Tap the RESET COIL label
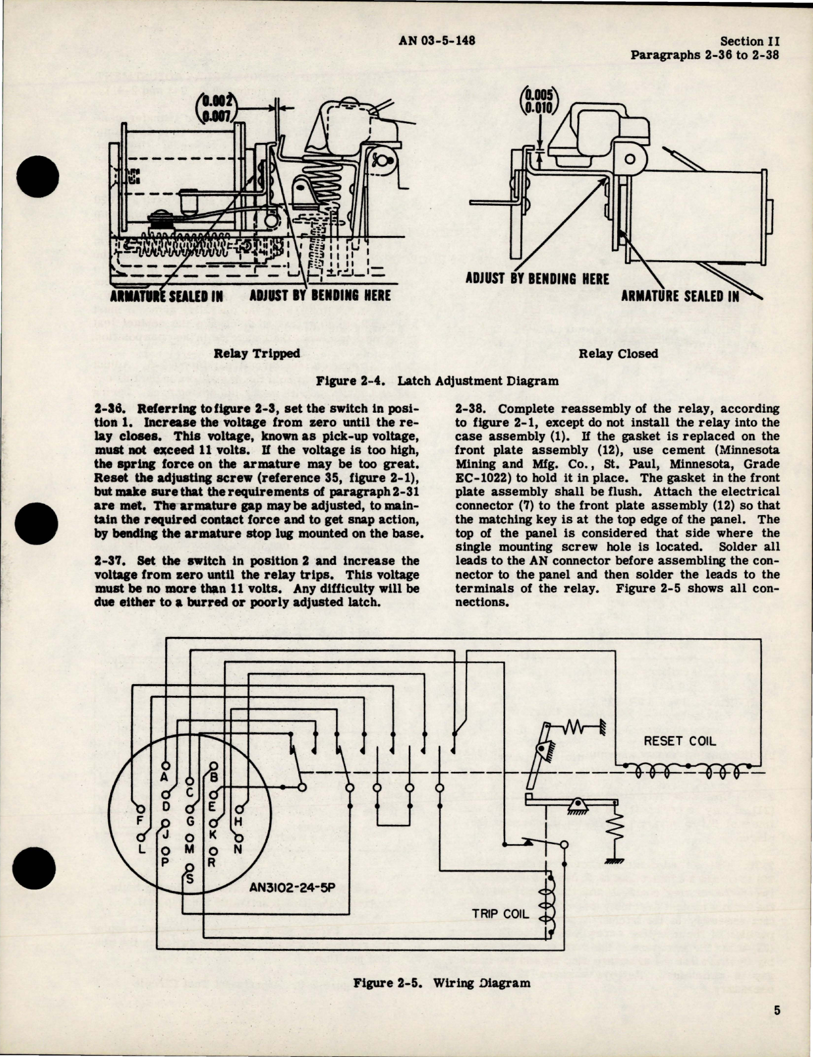point(680,741)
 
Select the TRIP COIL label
point(501,913)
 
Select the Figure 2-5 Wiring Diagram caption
point(442,983)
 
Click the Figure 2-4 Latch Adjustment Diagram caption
point(437,380)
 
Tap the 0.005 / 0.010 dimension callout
point(539,102)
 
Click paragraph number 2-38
point(469,408)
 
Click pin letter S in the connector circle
point(190,879)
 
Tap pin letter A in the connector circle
point(164,777)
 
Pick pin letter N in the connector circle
point(238,849)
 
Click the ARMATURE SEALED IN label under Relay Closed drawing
point(680,296)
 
